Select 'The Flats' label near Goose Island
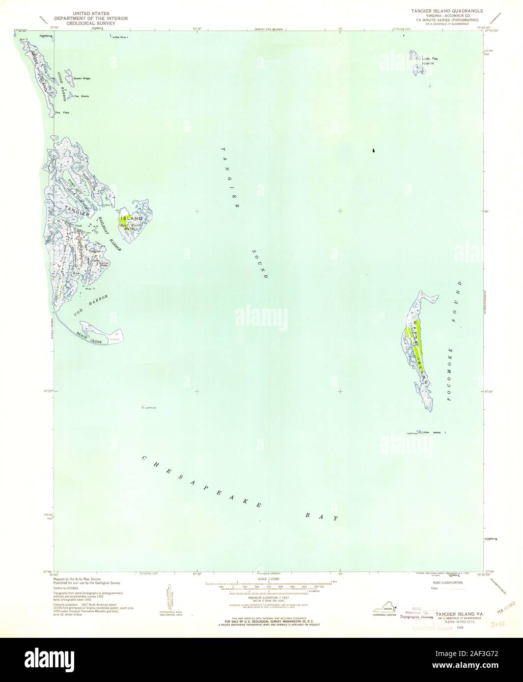point(63,113)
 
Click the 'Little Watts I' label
point(434,433)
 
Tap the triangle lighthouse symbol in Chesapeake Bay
point(143,407)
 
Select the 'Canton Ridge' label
point(104,263)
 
